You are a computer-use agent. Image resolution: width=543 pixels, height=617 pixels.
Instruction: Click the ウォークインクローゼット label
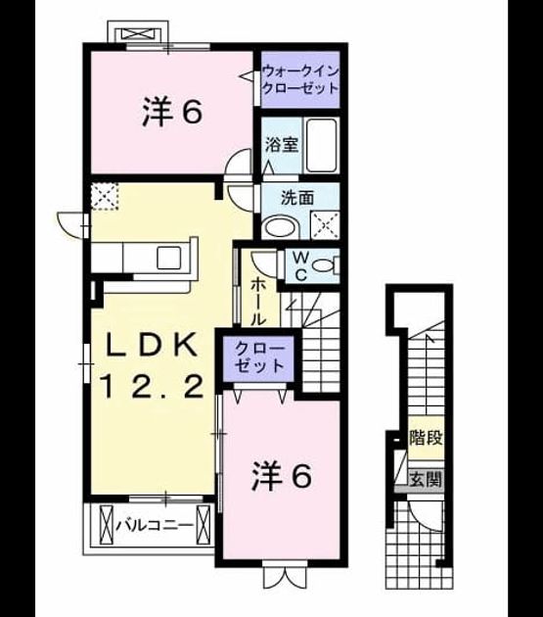[300, 79]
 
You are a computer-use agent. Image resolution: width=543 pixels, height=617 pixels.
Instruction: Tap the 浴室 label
[282, 145]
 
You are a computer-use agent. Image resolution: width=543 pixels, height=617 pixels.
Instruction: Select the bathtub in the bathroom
[322, 145]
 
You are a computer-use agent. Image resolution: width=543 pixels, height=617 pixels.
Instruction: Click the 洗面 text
[297, 198]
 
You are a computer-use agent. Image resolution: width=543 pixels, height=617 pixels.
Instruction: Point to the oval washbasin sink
[282, 227]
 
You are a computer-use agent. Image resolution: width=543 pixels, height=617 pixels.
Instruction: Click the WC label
[300, 266]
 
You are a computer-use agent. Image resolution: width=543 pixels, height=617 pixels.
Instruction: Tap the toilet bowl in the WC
[325, 265]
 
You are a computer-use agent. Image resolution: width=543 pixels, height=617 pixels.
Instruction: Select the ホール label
[257, 301]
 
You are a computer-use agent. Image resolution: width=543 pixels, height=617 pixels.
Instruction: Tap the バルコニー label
[155, 525]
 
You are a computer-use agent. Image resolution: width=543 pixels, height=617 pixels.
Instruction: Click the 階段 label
[427, 438]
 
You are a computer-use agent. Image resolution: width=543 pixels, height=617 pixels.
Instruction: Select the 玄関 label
[427, 480]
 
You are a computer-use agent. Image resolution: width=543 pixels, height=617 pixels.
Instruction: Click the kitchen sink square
[169, 258]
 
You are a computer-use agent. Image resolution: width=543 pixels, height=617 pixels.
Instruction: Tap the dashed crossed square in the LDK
[105, 196]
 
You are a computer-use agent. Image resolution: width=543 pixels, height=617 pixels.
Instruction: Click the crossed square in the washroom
[325, 225]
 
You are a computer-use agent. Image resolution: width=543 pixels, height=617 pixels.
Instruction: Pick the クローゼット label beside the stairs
[259, 357]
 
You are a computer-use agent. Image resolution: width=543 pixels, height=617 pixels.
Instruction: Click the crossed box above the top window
[139, 34]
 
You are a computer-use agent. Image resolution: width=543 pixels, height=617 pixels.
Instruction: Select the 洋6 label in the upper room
[172, 113]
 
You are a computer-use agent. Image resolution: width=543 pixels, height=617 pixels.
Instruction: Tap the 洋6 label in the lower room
[282, 477]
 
